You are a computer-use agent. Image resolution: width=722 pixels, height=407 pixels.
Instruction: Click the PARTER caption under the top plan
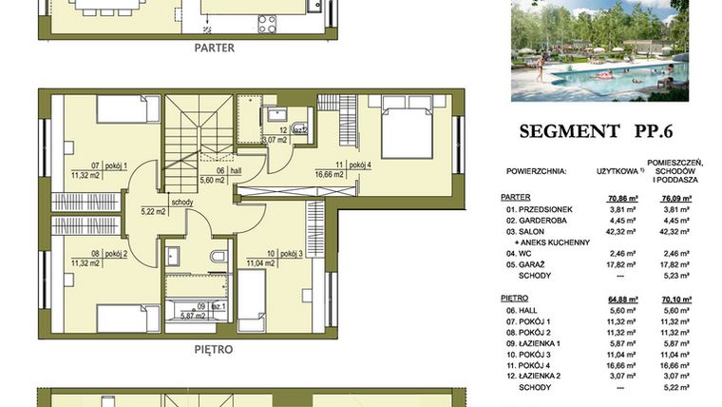coord(214,47)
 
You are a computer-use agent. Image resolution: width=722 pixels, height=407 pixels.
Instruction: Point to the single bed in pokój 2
coord(127,318)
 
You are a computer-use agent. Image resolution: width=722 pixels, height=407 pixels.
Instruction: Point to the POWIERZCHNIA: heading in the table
coord(534,171)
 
